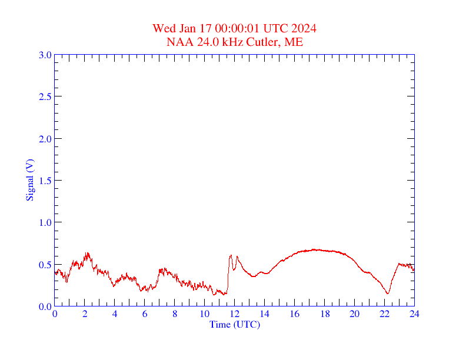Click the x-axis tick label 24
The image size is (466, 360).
[x=414, y=314]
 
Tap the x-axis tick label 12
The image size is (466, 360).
[x=235, y=314]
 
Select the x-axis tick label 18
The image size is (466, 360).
[x=325, y=314]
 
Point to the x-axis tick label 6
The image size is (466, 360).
[x=145, y=314]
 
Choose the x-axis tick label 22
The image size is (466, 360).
[x=384, y=314]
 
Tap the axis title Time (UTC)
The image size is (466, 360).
[x=235, y=324]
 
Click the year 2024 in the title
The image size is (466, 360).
[x=304, y=28]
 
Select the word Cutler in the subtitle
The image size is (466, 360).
[x=264, y=42]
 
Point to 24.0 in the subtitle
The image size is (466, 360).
[x=201, y=42]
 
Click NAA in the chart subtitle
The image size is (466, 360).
[x=178, y=42]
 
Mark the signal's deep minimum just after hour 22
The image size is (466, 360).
[x=388, y=293]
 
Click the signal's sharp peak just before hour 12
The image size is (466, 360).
[x=231, y=255]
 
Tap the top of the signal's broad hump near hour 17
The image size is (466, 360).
[x=314, y=249]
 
